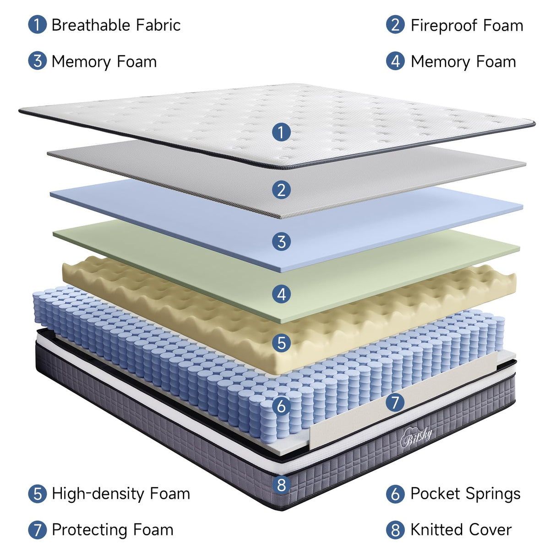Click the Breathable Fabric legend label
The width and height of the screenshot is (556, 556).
click(115, 25)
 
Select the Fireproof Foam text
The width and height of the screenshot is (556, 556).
click(466, 26)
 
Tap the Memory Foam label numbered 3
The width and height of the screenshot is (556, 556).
click(104, 62)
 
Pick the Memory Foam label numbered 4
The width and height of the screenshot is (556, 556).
click(463, 62)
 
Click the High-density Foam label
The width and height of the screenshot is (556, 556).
click(120, 494)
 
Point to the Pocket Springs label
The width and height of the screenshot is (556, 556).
click(465, 494)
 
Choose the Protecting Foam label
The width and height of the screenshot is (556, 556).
click(112, 530)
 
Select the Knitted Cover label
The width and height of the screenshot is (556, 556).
click(460, 530)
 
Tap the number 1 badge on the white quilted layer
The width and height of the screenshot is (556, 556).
click(281, 132)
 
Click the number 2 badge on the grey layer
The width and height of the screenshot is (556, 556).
click(281, 190)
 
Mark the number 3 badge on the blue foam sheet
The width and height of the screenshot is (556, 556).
click(281, 241)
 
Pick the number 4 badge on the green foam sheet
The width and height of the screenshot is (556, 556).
click(281, 294)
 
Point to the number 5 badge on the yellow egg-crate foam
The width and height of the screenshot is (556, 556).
click(281, 343)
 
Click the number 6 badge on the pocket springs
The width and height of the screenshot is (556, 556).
click(281, 406)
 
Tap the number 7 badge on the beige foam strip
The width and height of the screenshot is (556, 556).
click(395, 403)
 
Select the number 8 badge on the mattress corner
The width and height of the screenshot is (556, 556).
click(281, 485)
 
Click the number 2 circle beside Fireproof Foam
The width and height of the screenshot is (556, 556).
click(395, 25)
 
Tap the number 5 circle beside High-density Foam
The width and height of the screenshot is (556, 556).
click(37, 494)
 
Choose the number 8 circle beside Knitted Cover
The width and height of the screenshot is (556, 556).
click(395, 530)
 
